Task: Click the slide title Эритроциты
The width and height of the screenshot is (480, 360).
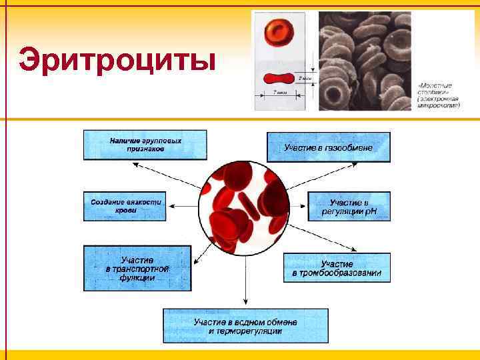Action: [x=117, y=61]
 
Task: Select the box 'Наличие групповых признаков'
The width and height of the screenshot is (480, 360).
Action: [x=145, y=145]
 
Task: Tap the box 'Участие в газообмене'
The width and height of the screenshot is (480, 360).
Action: [x=329, y=147]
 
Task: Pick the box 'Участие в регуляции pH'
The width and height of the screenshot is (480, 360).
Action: [x=349, y=207]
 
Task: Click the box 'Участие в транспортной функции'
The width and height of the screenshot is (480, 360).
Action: [x=137, y=268]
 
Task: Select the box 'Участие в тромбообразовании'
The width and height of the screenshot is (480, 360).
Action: [x=337, y=268]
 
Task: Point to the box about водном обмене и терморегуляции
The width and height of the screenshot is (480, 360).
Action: [x=245, y=326]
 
